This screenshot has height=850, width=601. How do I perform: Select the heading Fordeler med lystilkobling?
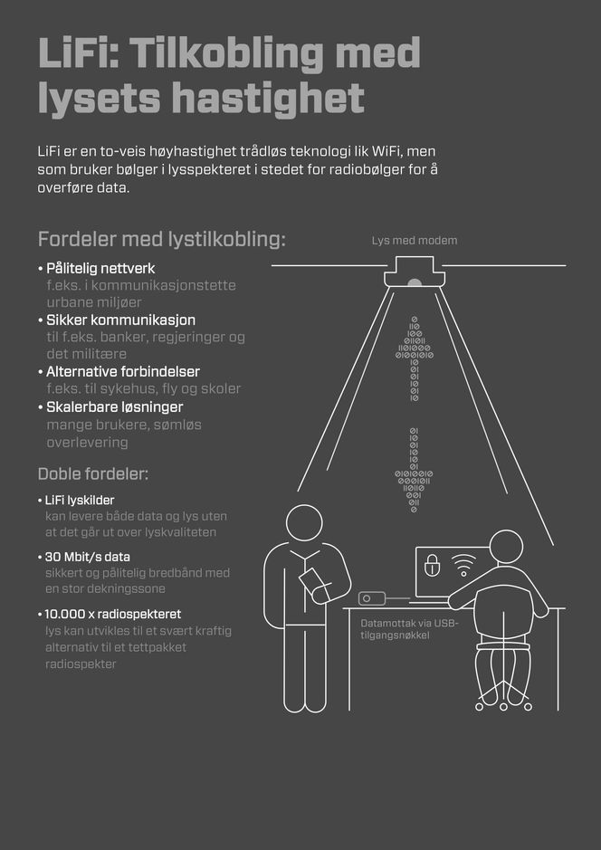pyautogui.click(x=161, y=240)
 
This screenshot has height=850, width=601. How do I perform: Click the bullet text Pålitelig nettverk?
pyautogui.click(x=100, y=269)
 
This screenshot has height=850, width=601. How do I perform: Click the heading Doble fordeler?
pyautogui.click(x=93, y=474)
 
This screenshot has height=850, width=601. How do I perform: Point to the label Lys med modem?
pyautogui.click(x=415, y=241)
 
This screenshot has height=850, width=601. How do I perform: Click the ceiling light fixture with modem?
pyautogui.click(x=415, y=273)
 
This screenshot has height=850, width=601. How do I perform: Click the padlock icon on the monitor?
pyautogui.click(x=433, y=566)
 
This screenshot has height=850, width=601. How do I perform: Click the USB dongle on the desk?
pyautogui.click(x=372, y=598)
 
